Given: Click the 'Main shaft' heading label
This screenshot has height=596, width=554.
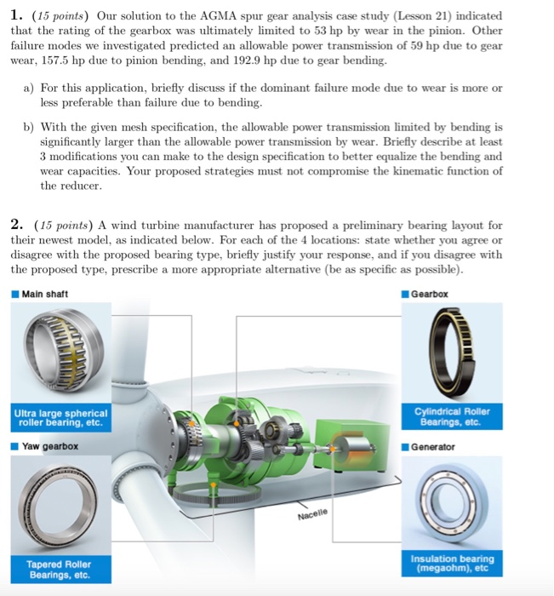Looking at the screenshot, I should pyautogui.click(x=45, y=294).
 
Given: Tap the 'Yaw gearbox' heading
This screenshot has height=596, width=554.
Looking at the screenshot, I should pyautogui.click(x=50, y=446).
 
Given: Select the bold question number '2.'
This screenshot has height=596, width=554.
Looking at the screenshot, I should pyautogui.click(x=17, y=225).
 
